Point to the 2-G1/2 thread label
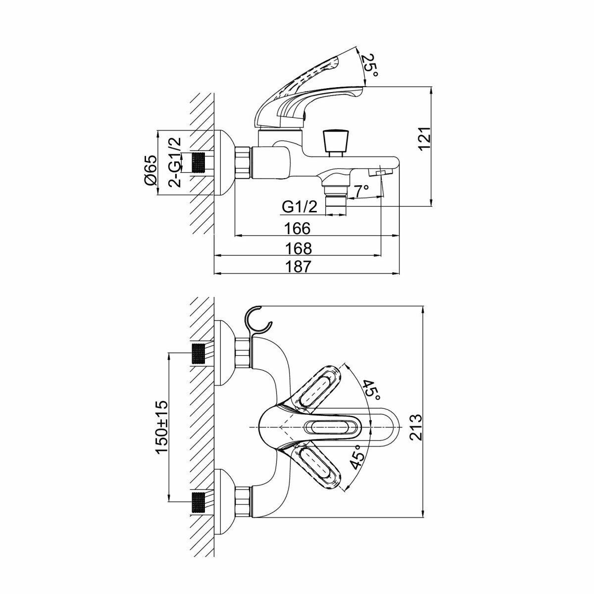(175, 162)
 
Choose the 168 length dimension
(298, 247)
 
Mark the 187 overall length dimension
(298, 266)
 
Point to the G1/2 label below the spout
(299, 207)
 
